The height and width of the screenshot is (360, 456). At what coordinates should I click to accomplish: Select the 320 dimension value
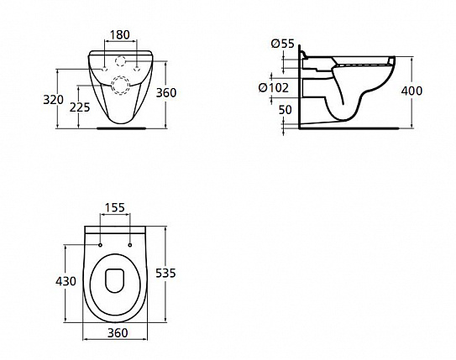tap(55, 99)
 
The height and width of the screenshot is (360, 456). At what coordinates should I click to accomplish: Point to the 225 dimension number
tap(81, 107)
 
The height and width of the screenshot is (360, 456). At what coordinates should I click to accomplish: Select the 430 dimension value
tap(66, 280)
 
